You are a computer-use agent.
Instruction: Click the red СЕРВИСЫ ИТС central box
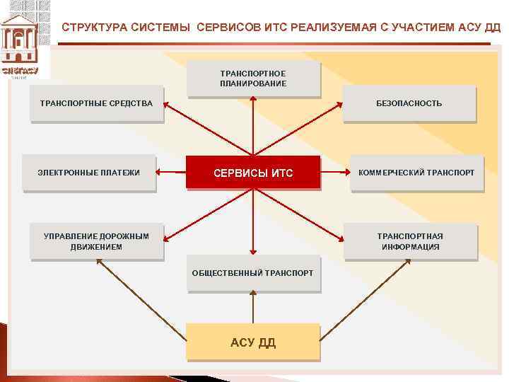(x=253, y=173)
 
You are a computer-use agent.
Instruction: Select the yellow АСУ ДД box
(x=253, y=342)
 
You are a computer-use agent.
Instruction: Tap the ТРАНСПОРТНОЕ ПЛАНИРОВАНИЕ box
(x=253, y=78)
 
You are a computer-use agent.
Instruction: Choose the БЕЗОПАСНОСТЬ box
(x=409, y=103)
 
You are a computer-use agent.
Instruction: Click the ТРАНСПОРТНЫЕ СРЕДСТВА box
(x=96, y=103)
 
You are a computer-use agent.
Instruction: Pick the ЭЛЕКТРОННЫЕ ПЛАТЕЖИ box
(x=88, y=173)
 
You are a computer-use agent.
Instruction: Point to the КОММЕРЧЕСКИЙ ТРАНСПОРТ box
(x=416, y=173)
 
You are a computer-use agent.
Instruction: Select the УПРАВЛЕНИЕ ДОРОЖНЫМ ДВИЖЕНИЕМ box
(x=96, y=241)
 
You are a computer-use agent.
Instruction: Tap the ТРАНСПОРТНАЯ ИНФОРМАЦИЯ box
(x=410, y=241)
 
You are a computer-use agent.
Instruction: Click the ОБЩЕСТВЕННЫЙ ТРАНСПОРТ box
(x=253, y=273)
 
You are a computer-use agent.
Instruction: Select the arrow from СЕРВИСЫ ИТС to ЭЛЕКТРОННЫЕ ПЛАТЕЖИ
(x=171, y=172)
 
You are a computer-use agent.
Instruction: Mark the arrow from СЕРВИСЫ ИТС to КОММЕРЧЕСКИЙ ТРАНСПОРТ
(x=335, y=172)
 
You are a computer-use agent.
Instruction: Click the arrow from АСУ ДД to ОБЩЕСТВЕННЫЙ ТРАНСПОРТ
(x=253, y=308)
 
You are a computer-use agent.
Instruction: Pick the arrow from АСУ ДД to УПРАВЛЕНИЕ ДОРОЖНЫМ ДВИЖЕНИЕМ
(x=141, y=291)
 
